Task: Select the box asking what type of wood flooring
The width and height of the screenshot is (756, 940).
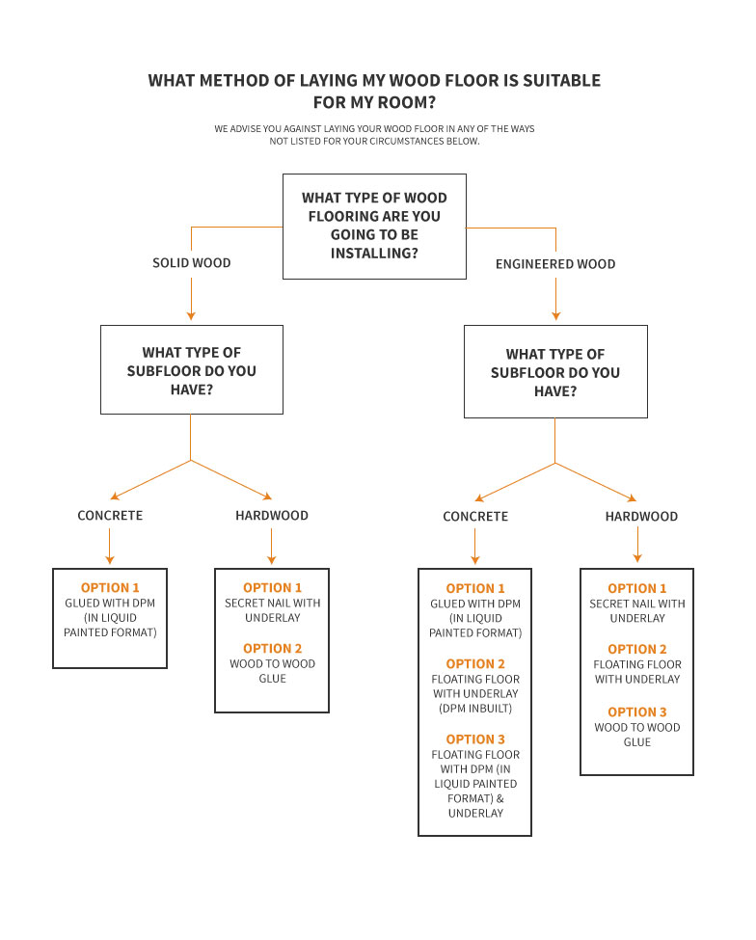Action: (x=374, y=227)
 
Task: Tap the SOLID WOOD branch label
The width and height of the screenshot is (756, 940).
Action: (x=192, y=263)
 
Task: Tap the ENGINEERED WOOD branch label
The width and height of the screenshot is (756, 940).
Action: (x=555, y=264)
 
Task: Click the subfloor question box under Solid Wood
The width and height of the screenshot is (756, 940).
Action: (x=192, y=370)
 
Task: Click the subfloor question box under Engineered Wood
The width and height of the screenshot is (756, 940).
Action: (x=555, y=372)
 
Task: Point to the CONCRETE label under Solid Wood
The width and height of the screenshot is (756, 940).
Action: (x=110, y=516)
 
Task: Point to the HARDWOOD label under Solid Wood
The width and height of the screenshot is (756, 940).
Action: (x=272, y=516)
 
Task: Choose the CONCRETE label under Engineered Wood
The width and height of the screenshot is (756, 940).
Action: (x=475, y=517)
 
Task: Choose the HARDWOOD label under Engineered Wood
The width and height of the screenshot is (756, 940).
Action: (x=641, y=517)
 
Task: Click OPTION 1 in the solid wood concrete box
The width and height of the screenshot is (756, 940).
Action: (x=110, y=587)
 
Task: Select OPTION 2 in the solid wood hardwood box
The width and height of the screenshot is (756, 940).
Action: (x=272, y=648)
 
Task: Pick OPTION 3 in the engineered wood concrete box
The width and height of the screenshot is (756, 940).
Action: (x=475, y=739)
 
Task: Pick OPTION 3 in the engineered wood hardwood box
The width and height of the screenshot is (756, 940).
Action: (x=637, y=712)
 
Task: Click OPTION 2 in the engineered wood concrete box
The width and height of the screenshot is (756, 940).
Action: (x=475, y=663)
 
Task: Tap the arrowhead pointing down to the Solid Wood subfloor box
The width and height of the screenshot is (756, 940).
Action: (x=192, y=315)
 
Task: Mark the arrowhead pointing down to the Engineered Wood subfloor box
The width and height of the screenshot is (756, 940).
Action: (x=555, y=315)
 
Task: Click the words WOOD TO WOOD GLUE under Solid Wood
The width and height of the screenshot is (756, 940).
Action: (x=272, y=671)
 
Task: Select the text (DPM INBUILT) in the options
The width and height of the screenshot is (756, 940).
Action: (x=475, y=709)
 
